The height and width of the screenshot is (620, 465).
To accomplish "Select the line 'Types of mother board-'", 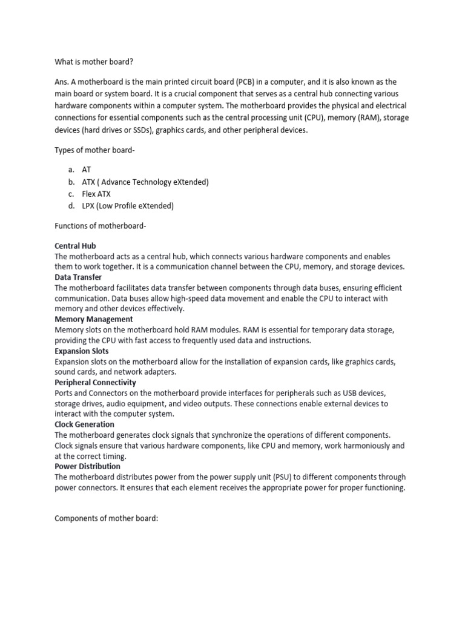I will pos(94,150).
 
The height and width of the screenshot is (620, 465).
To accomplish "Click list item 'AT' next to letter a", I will pos(86,171).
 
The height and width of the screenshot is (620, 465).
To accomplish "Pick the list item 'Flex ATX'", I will pos(96,194).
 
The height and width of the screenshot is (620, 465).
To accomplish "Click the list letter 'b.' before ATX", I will pos(71,182).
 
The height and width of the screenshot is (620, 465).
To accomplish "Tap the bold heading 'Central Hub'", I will pos(75,246).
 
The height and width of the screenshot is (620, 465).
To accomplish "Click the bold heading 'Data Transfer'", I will pos(78,277).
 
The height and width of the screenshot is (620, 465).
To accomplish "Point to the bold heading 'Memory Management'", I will pos(94,319).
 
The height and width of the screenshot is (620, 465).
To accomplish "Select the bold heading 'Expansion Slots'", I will pos(82,351).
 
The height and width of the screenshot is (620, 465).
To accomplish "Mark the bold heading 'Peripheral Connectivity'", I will pos(95,383).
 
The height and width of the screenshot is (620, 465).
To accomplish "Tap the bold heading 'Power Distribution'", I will pos(87,466).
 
